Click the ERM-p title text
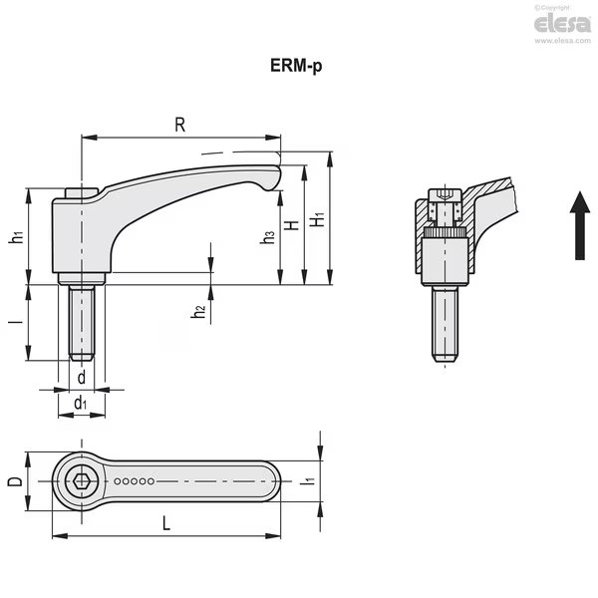(x=296, y=66)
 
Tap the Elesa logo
(x=562, y=24)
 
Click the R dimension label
(x=180, y=125)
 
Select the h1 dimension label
(x=17, y=237)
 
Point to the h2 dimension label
(x=198, y=312)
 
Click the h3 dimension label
(x=267, y=237)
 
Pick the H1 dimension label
(x=317, y=219)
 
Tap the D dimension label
(x=15, y=481)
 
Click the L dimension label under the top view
(x=166, y=523)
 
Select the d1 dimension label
(x=80, y=403)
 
